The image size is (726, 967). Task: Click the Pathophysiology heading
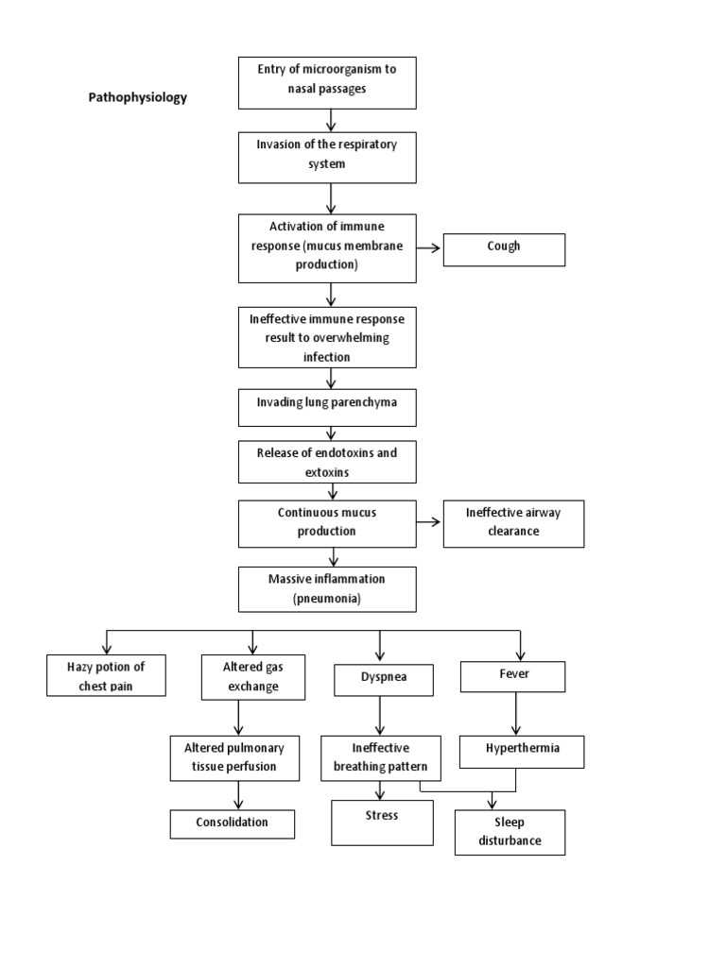[x=138, y=97]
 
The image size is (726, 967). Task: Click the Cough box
[x=504, y=249]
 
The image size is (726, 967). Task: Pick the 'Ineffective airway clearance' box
[x=513, y=523]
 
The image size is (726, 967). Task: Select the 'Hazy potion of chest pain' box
[x=106, y=676]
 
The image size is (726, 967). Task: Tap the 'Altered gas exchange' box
[x=253, y=677]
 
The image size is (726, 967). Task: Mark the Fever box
[x=512, y=676]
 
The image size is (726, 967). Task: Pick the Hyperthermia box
[x=521, y=751]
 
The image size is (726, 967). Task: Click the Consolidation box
[x=232, y=823]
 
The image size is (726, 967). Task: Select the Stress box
[x=382, y=822]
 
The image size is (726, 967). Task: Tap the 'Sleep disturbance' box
[x=509, y=832]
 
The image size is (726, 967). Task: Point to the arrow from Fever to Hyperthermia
[x=514, y=714]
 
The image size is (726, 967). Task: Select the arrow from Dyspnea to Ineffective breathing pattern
[x=380, y=716]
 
